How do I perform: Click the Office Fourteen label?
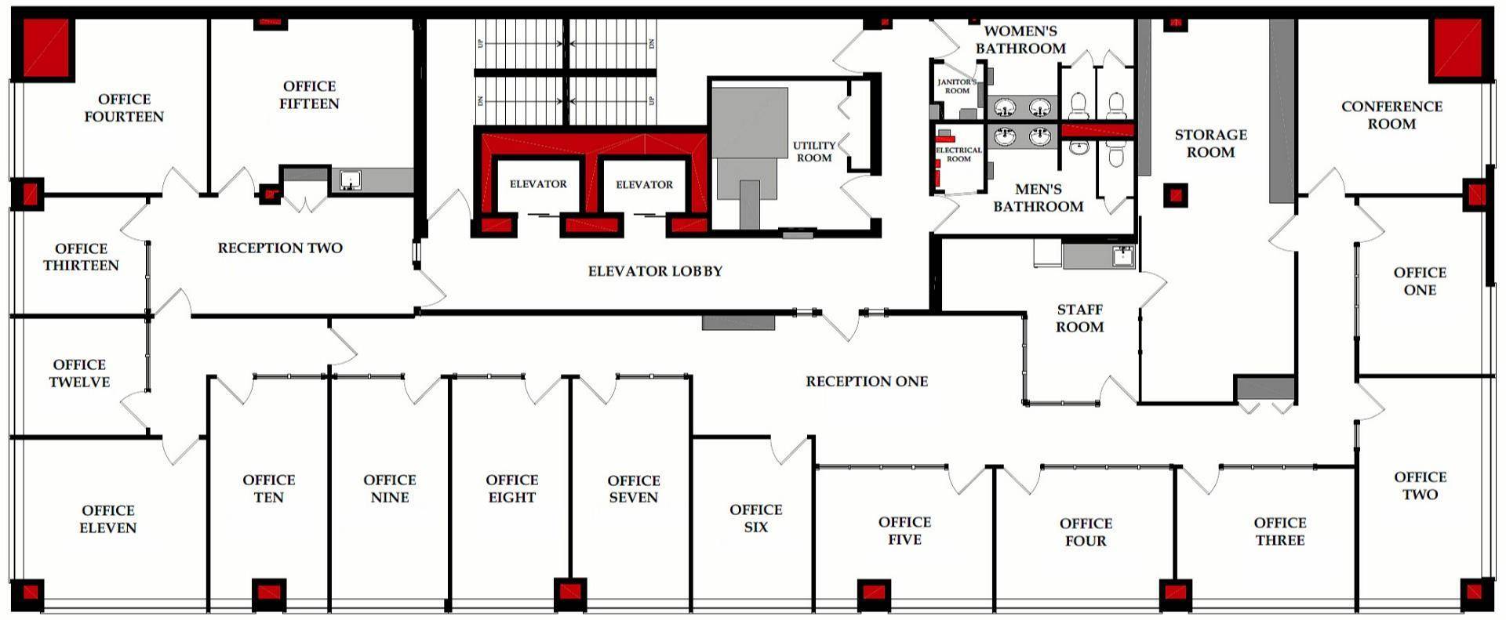(x=124, y=108)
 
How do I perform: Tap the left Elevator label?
(x=538, y=184)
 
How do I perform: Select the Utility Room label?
(x=814, y=151)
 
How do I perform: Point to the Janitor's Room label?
(x=957, y=86)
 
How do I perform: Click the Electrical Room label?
(x=959, y=154)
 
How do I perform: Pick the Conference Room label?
(x=1391, y=115)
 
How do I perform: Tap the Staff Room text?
(x=1079, y=318)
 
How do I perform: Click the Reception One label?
(x=867, y=382)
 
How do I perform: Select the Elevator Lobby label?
(x=655, y=271)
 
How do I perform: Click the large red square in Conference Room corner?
(x=1460, y=48)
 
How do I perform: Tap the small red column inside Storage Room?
(x=1174, y=194)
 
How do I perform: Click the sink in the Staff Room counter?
(x=1123, y=255)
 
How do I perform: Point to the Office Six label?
(x=755, y=518)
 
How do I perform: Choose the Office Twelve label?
(x=79, y=373)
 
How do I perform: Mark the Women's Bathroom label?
(x=1020, y=40)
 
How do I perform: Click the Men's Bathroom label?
(x=1038, y=198)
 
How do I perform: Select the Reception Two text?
(x=280, y=248)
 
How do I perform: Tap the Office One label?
(x=1420, y=281)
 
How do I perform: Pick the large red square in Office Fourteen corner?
(x=46, y=48)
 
